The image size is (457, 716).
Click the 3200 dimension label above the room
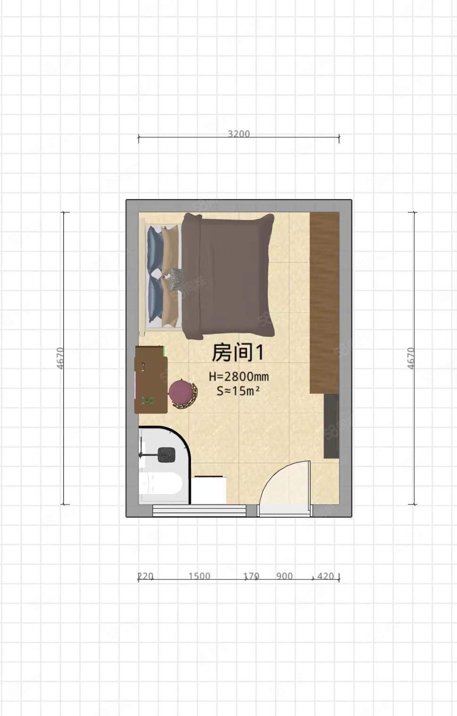tap(239, 134)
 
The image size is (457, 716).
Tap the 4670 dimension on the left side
tap(60, 358)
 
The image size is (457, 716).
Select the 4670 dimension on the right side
tap(411, 358)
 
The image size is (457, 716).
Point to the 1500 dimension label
tap(199, 576)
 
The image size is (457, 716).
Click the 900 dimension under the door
tap(284, 576)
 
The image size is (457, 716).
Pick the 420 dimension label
tap(325, 576)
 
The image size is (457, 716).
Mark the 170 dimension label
tap(251, 576)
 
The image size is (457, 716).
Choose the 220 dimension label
tap(145, 576)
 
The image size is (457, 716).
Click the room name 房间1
tap(237, 352)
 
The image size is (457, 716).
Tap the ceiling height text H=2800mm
tap(239, 376)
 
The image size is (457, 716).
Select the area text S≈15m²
tap(238, 391)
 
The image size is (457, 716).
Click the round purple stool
tap(182, 392)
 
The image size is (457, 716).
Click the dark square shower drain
tap(166, 455)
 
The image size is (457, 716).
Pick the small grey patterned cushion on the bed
tap(175, 278)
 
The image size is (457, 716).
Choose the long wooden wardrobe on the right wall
tap(324, 301)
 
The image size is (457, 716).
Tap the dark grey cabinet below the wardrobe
tap(331, 426)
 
